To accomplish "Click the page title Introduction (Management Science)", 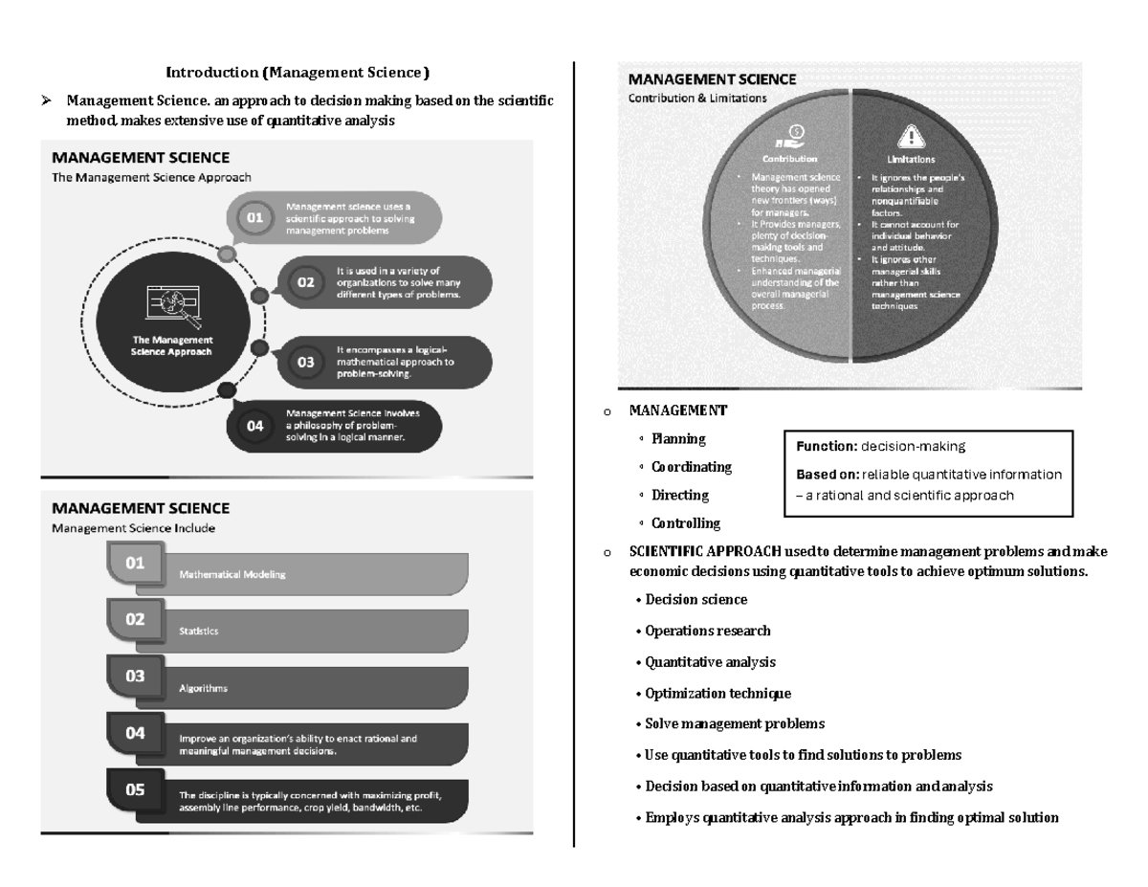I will [298, 73].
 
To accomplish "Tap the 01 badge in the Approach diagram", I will [255, 217].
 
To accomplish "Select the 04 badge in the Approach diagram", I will [255, 427].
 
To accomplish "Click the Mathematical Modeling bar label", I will [232, 575].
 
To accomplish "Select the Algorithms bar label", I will [203, 688].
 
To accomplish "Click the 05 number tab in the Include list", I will [135, 789].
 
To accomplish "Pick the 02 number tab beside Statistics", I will [135, 619].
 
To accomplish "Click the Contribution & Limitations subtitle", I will [696, 99].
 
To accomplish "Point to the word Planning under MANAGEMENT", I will [678, 439].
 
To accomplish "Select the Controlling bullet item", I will [686, 523].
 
